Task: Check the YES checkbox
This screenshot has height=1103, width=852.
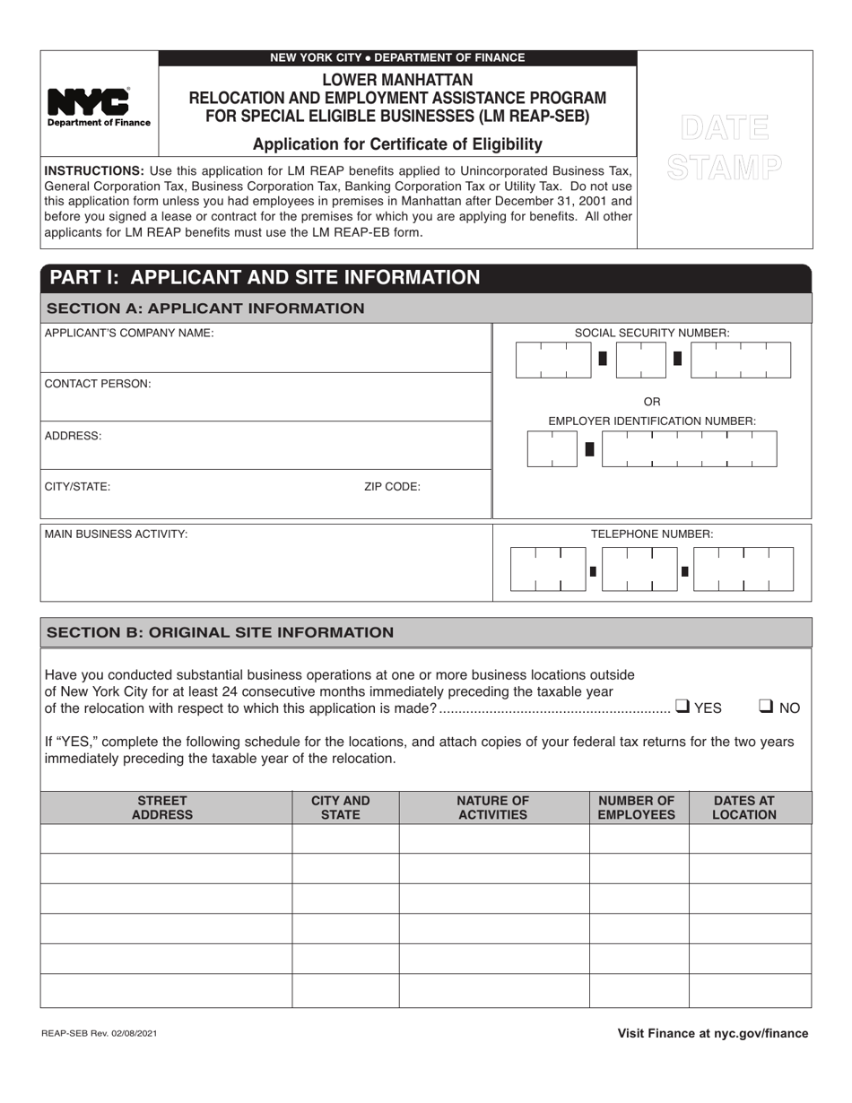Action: (x=682, y=707)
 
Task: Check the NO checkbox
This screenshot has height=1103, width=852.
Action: (x=767, y=707)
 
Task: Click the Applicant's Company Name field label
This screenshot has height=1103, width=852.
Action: (x=129, y=334)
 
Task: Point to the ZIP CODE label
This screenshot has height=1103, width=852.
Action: (x=392, y=487)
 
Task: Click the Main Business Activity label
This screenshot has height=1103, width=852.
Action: (x=117, y=534)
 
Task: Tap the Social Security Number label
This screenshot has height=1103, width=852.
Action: (x=652, y=333)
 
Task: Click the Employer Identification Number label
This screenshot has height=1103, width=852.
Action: (x=652, y=421)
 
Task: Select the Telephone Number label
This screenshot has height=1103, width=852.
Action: (x=652, y=534)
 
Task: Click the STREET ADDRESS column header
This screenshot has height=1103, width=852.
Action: (x=162, y=807)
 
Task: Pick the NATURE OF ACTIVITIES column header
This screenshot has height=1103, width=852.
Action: (x=493, y=807)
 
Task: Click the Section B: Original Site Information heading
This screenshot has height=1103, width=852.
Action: (x=220, y=632)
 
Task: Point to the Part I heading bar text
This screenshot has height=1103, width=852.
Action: (x=265, y=277)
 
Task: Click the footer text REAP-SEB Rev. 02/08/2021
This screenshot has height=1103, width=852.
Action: (x=100, y=1034)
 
